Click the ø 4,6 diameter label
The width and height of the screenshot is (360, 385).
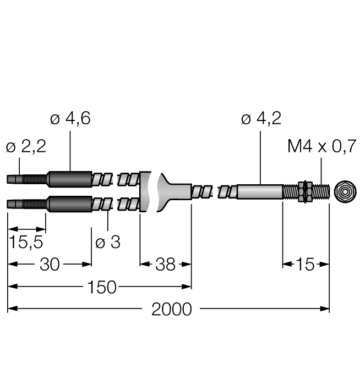click(x=70, y=119)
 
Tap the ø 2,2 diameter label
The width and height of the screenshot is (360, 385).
click(x=25, y=147)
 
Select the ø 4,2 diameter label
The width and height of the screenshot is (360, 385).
click(x=261, y=119)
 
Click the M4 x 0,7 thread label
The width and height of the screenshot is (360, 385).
click(x=321, y=147)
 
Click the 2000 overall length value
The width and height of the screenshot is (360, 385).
click(x=172, y=309)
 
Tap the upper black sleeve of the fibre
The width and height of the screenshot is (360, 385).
click(x=69, y=179)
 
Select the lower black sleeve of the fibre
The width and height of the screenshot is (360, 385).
click(x=69, y=204)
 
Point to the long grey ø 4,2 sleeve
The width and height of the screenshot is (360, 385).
click(x=259, y=192)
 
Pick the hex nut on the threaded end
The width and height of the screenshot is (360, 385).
click(x=302, y=192)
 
